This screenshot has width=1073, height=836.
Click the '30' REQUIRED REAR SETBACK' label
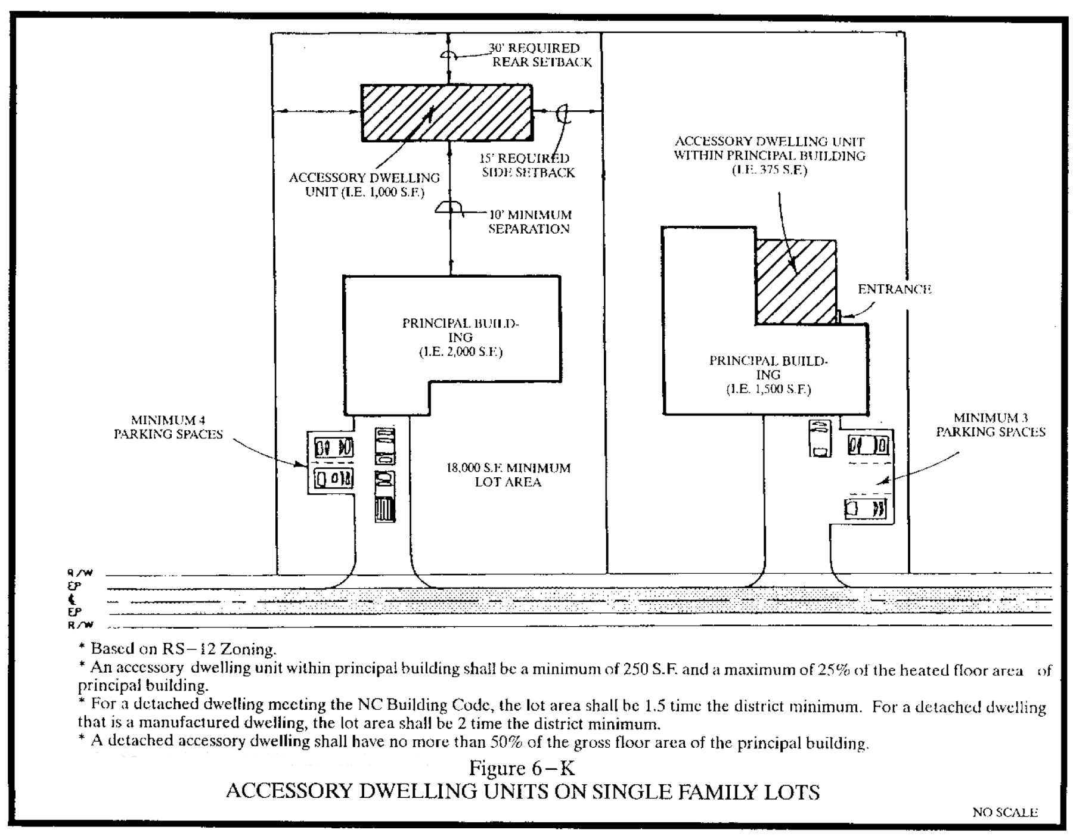pos(541,55)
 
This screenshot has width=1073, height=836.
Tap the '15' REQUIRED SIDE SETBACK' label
pos(528,166)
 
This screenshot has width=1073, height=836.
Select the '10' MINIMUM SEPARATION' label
pos(529,222)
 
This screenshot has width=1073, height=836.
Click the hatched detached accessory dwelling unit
pos(446,113)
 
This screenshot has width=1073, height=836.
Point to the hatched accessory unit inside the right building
pos(795,282)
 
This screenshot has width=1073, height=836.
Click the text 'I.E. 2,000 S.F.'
pos(460,352)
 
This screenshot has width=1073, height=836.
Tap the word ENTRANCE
pos(894,290)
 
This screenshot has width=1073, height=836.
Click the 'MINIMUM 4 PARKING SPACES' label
pos(168,427)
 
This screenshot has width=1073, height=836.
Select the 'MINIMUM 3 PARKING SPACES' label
pos(990,425)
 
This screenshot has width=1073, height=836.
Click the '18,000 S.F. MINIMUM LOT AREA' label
pos(508,475)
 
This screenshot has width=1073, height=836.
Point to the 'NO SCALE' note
pos(1004,812)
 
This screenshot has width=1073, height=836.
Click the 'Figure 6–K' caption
pos(522,768)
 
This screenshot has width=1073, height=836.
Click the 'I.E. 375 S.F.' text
pos(769,170)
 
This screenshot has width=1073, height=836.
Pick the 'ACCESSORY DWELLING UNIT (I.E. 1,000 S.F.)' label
pos(364,185)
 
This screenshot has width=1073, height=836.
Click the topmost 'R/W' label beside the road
pos(80,573)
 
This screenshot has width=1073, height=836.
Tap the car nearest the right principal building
pos(820,438)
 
